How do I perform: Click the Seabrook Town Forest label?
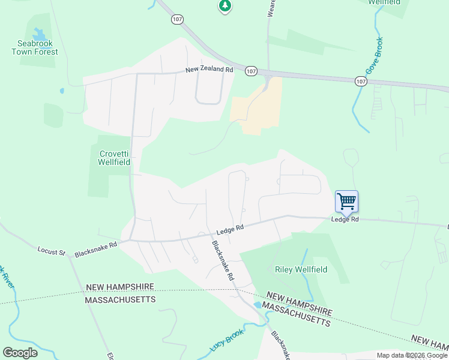37,47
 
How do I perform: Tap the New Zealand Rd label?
209,70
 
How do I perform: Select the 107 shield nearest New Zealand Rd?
251,71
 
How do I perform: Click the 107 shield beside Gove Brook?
360,81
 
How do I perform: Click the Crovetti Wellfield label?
114,158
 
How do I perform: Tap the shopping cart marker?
346,202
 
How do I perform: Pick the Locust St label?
51,251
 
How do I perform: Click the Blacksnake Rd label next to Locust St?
96,249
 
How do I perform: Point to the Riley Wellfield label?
301,269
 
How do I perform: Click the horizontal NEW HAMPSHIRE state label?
120,287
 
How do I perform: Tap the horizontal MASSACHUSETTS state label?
120,299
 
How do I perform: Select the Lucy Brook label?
227,341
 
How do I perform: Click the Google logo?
20,353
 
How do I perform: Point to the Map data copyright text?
411,355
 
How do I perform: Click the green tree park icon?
224,6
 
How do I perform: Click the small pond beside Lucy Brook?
258,305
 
